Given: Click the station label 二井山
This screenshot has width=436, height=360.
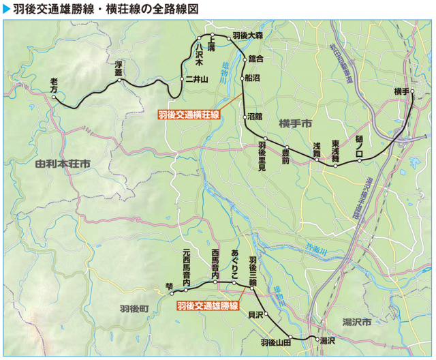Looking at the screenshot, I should click(x=198, y=79).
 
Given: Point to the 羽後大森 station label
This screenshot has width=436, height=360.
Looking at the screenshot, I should click(x=247, y=34).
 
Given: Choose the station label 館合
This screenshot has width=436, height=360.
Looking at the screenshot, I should click(x=256, y=59).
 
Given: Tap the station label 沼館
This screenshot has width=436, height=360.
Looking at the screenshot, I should click(x=255, y=117).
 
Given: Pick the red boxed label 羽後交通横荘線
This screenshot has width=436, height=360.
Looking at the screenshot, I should click(x=189, y=115).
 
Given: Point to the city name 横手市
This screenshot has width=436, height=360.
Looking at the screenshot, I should click(x=294, y=123).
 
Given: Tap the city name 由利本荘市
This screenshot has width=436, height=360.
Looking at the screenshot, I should click(x=63, y=164).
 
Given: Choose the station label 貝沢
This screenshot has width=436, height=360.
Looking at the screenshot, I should click(x=255, y=315).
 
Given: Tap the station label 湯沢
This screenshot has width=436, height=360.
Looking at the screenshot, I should click(x=328, y=340).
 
